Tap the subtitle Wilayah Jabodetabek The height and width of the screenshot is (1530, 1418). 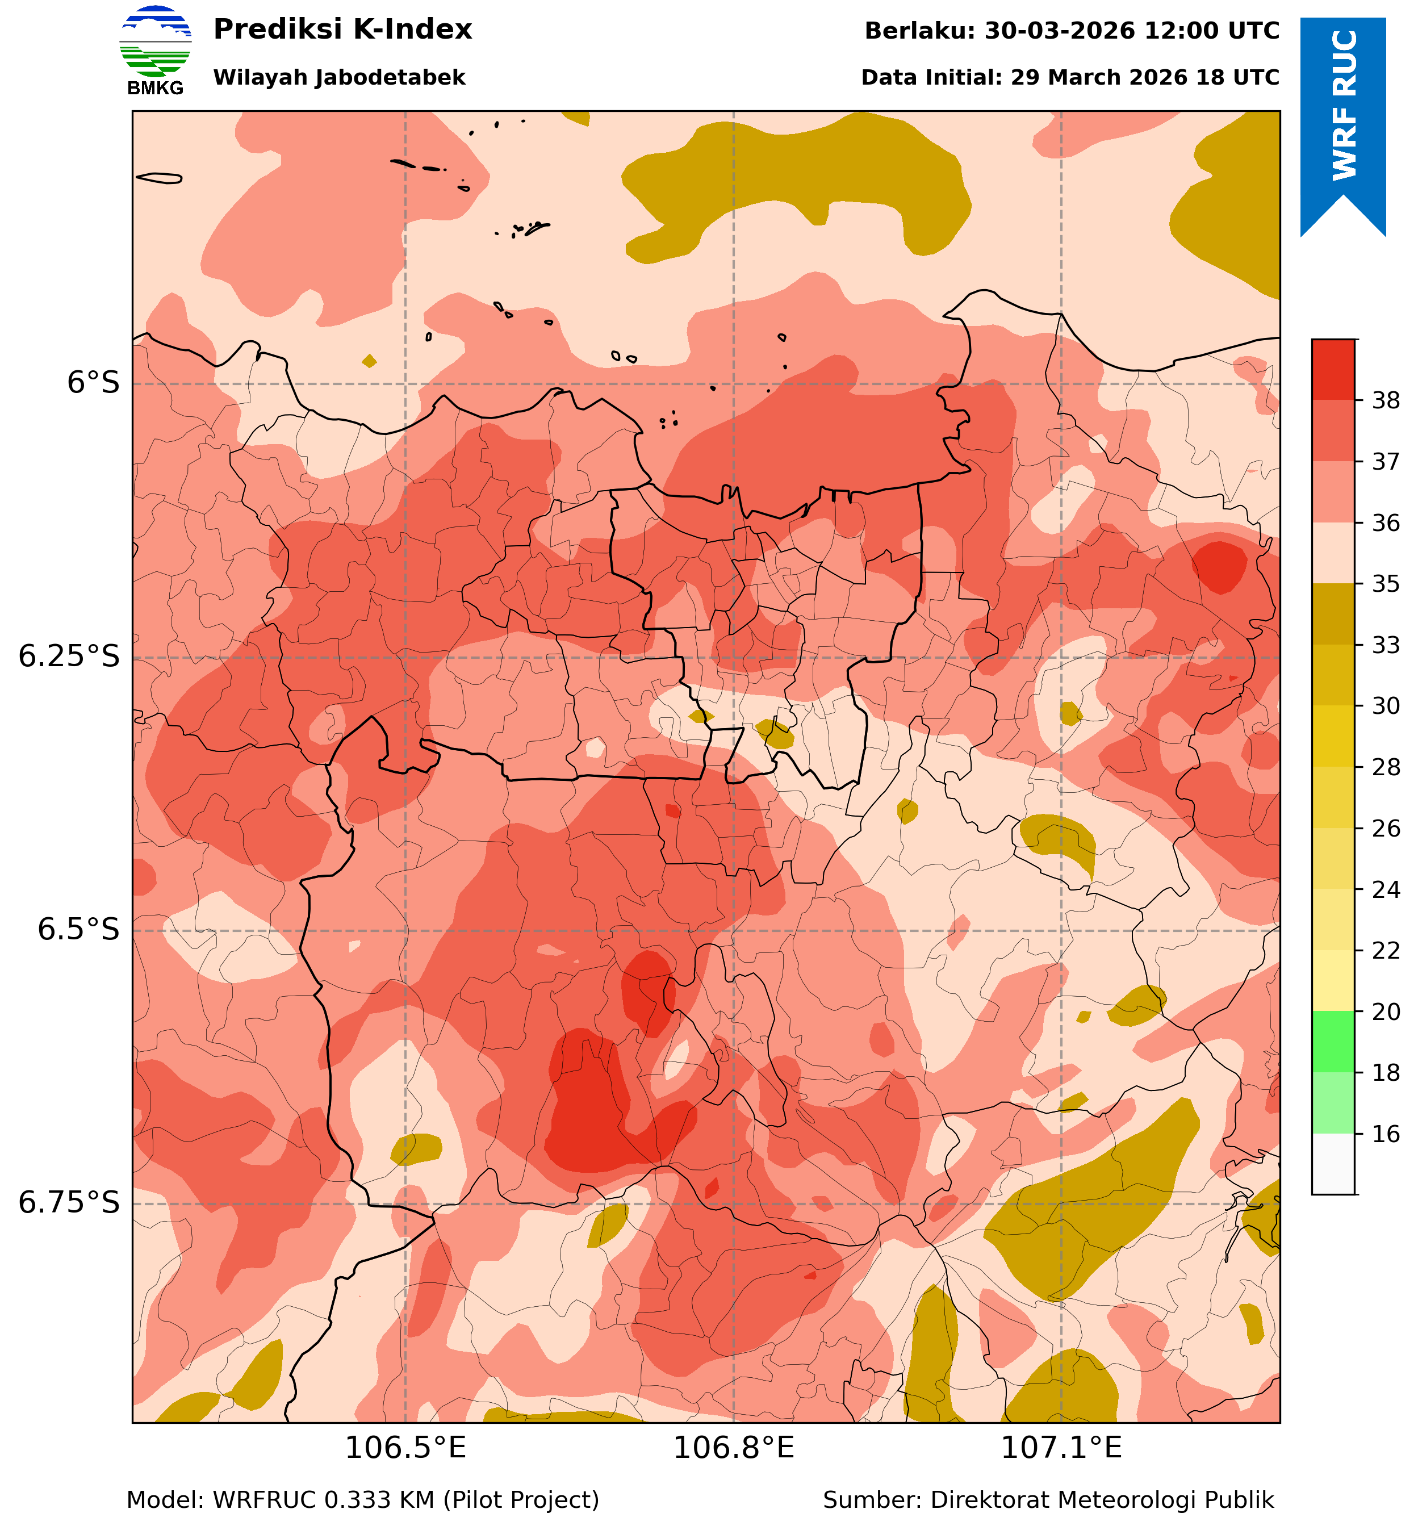(x=339, y=77)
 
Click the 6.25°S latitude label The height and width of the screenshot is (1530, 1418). (x=70, y=656)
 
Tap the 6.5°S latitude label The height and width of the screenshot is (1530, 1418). (x=79, y=929)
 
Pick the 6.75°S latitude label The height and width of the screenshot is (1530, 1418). (x=70, y=1202)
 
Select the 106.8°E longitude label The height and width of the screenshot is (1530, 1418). (x=734, y=1448)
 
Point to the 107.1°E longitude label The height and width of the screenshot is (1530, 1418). (x=1061, y=1448)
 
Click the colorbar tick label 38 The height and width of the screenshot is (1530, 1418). (x=1386, y=400)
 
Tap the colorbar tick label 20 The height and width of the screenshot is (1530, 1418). (x=1386, y=1012)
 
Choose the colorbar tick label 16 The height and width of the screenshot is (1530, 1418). (x=1386, y=1134)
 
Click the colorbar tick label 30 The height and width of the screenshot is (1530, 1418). (x=1386, y=706)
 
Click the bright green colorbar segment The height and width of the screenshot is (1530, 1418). (x=1333, y=1041)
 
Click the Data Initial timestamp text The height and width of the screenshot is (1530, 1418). (x=1070, y=77)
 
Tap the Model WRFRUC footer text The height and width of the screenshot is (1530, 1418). (x=362, y=1499)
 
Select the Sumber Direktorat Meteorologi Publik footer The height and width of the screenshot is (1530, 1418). (x=1048, y=1499)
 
